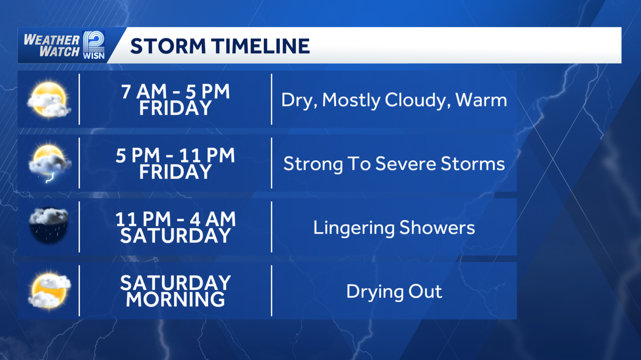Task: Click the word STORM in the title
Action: click(x=165, y=46)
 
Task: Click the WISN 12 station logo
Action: click(x=93, y=45)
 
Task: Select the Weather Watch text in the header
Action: click(x=51, y=45)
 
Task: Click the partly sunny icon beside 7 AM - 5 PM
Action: click(x=49, y=100)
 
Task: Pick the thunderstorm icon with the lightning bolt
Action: click(x=49, y=163)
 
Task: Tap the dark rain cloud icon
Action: click(x=49, y=226)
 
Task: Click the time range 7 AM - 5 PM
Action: click(x=175, y=92)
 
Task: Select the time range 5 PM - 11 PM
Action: click(x=175, y=155)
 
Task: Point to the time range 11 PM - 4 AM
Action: click(x=175, y=219)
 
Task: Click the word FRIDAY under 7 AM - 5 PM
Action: click(x=175, y=108)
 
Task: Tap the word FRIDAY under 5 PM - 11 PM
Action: click(x=175, y=172)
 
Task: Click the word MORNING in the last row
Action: click(x=175, y=299)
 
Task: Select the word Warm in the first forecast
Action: click(x=481, y=100)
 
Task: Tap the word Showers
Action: click(x=437, y=228)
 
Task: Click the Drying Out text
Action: click(x=394, y=292)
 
